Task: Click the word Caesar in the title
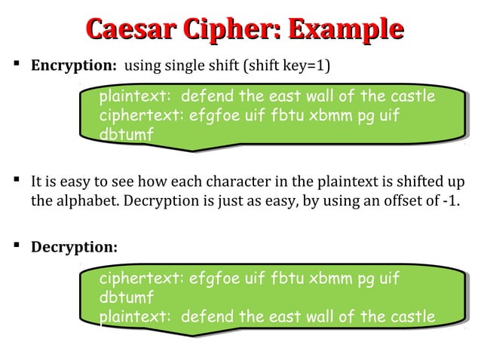[127, 31]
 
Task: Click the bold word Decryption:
[74, 247]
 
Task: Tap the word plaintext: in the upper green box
[136, 97]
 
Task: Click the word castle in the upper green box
[412, 97]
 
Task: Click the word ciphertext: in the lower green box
[141, 279]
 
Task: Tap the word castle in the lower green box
[412, 316]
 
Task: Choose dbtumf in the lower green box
[126, 297]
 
